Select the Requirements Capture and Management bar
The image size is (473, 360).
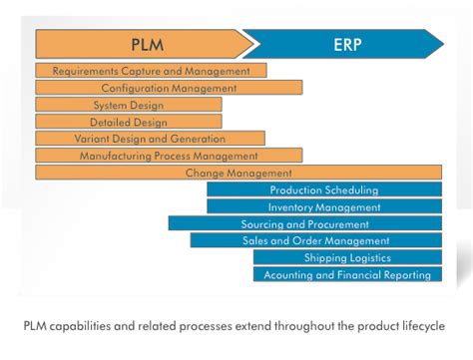(x=151, y=71)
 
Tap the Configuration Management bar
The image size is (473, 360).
(x=169, y=88)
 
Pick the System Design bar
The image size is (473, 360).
(x=129, y=105)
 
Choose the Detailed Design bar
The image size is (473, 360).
(x=129, y=122)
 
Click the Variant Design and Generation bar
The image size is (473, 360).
(x=150, y=139)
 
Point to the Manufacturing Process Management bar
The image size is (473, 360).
(x=169, y=156)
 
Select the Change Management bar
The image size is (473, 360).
(x=237, y=173)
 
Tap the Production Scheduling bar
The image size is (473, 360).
(x=324, y=189)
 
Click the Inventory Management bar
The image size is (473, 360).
(x=324, y=206)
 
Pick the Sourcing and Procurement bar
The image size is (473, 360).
(x=304, y=223)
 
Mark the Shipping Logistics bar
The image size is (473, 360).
(x=347, y=257)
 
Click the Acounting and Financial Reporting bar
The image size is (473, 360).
(x=347, y=274)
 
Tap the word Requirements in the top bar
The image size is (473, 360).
(x=85, y=71)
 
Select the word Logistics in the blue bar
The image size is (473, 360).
(x=368, y=257)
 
